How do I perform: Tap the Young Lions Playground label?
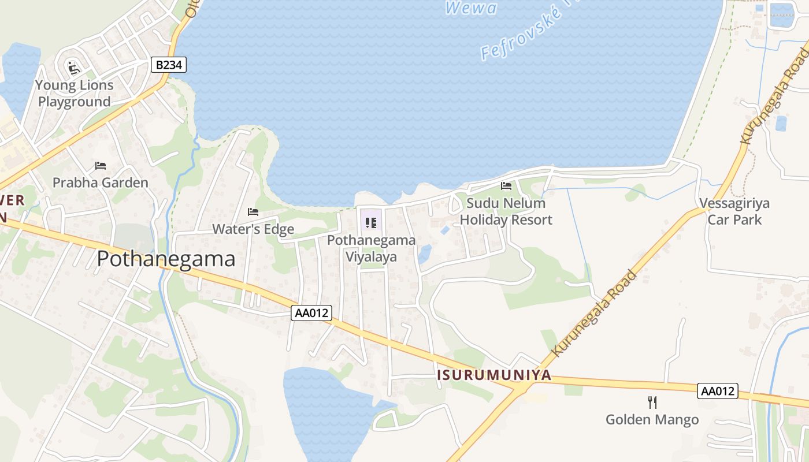point(74,94)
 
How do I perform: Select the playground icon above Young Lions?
point(73,68)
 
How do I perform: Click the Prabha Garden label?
point(101,182)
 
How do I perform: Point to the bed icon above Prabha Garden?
point(101,166)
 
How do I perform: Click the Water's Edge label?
point(253,229)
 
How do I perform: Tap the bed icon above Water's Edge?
point(253,212)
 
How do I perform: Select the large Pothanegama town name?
point(166,259)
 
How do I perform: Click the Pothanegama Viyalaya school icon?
point(371,223)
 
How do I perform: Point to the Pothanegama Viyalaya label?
point(371,248)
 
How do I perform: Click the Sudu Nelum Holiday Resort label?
point(506,211)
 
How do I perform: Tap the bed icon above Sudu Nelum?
point(506,186)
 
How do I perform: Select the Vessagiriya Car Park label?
point(734,211)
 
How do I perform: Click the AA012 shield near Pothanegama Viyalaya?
point(311,313)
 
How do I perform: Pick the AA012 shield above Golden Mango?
point(718,391)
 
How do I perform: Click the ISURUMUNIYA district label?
point(494,375)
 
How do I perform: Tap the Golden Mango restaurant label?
point(652,420)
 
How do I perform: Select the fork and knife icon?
point(652,402)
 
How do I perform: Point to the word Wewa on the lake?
point(471,8)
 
